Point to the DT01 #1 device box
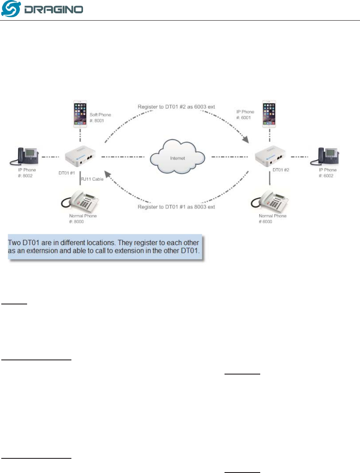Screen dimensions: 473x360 pyautogui.click(x=80, y=157)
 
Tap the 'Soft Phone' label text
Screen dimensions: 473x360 pyautogui.click(x=102, y=115)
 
